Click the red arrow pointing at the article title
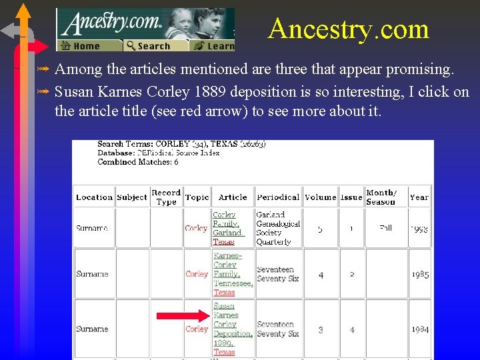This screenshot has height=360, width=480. [x=182, y=315]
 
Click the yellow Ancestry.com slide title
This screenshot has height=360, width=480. [x=348, y=29]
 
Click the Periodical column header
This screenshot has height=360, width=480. [x=278, y=197]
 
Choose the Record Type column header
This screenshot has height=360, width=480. [x=166, y=197]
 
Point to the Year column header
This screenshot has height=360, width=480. [x=419, y=197]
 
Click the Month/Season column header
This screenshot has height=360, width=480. [x=381, y=197]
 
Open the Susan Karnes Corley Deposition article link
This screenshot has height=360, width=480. [x=232, y=329]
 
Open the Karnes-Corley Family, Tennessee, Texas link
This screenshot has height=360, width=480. [x=232, y=274]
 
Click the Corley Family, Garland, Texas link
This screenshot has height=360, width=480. [x=228, y=229]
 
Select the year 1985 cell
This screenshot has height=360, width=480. [x=419, y=274]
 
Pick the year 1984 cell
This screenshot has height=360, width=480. [x=419, y=329]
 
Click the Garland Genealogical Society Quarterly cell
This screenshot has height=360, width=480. [x=278, y=229]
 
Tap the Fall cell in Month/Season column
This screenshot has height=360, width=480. [x=385, y=228]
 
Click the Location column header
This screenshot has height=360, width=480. [x=94, y=197]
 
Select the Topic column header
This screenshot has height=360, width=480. [x=197, y=197]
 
